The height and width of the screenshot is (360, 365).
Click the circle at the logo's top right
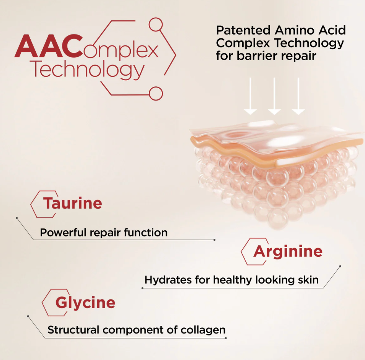tap(156, 25)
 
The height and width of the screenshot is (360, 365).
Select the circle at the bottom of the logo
tap(156, 94)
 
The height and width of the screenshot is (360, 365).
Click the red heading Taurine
tap(72, 203)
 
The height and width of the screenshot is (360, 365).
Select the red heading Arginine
tap(288, 252)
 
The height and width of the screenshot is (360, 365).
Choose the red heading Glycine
tap(85, 303)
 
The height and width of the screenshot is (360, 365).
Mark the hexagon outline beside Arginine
tap(242, 252)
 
